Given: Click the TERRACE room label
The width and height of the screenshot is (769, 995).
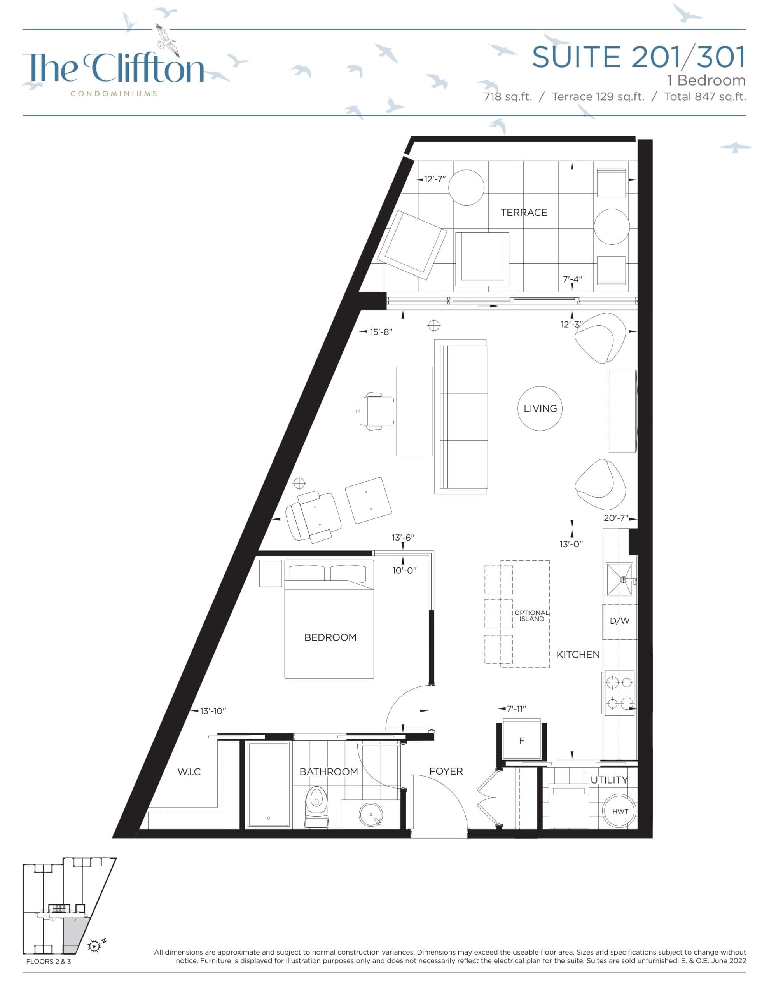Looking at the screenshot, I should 523,212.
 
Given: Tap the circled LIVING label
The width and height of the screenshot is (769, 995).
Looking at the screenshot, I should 540,408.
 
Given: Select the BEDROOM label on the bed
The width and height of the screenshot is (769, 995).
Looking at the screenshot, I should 330,637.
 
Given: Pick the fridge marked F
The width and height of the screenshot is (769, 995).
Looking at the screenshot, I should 521,741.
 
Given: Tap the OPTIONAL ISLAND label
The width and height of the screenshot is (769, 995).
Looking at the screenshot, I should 531,616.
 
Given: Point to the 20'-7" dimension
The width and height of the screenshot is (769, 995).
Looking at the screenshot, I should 616,518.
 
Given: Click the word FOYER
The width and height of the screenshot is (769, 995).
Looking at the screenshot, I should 446,771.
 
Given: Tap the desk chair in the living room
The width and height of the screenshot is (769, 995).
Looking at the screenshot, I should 376,411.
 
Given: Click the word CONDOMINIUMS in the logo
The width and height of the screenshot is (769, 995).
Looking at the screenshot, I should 114,94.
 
